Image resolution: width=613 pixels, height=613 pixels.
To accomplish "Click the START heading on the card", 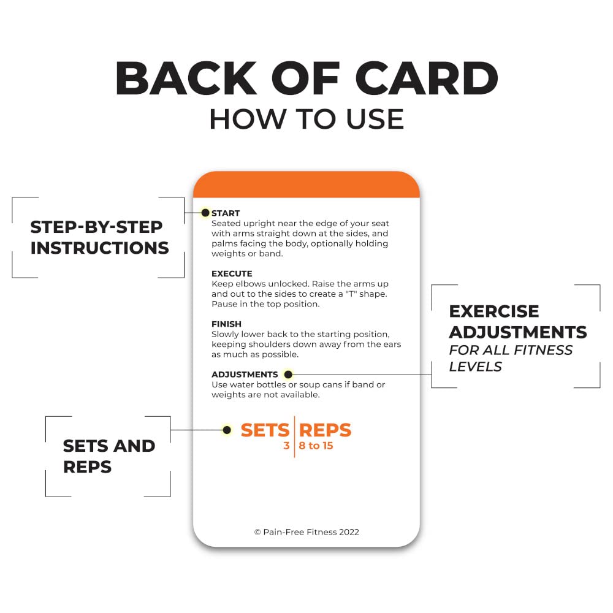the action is [226, 213].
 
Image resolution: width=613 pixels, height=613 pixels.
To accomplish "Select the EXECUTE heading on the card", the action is [232, 273].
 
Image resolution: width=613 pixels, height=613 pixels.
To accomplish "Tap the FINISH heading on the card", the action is [226, 324].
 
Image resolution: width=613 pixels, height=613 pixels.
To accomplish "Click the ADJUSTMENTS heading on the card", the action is [245, 375].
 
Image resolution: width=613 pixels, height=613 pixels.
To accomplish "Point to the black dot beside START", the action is [205, 213].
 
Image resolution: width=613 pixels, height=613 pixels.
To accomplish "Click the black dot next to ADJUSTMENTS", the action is [289, 375].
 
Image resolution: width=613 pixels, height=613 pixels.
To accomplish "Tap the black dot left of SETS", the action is [227, 430].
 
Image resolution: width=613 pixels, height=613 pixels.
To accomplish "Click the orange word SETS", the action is [265, 430].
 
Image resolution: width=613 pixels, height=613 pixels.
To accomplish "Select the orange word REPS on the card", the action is [326, 430].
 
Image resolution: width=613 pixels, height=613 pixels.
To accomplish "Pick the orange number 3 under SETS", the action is [286, 446].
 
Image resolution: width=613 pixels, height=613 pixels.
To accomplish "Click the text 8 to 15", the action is [316, 446].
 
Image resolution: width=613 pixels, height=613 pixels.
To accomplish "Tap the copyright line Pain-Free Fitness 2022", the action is [306, 532].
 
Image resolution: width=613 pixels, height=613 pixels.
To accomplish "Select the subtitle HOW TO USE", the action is [306, 119].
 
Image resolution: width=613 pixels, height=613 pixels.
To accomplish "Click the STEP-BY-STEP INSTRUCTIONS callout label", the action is [99, 237].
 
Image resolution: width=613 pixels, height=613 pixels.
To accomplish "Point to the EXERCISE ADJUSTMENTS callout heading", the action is [517, 322].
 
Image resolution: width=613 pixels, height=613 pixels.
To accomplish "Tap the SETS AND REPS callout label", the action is [109, 456].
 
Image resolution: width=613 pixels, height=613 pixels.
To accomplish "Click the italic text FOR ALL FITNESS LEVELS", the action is [511, 358].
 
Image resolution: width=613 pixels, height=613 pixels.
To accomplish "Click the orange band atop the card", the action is [306, 185].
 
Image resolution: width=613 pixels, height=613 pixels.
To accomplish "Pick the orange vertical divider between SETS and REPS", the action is [294, 436].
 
